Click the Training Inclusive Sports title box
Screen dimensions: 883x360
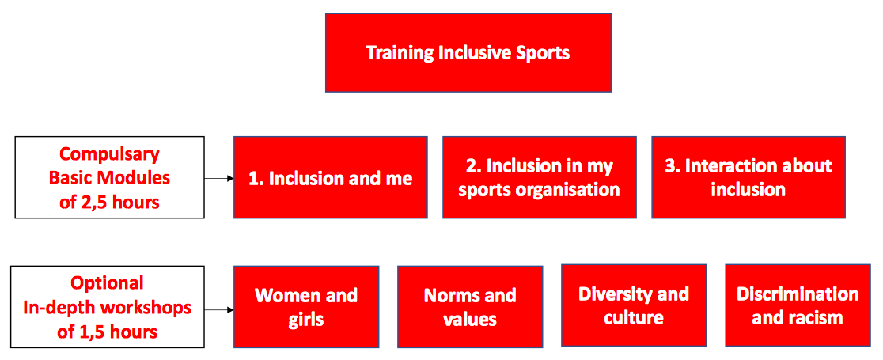coord(468,52)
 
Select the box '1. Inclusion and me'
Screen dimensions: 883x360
coord(331,177)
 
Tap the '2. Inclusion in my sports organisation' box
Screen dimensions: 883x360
coord(540,177)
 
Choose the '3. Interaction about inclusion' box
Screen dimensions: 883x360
coord(748,177)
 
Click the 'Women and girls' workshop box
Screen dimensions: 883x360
coord(306,306)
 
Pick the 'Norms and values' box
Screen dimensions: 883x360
coord(470,306)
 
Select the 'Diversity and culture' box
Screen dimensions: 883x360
coord(634,305)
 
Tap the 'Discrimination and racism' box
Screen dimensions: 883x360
coord(798,305)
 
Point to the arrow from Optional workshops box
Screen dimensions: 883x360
coord(218,310)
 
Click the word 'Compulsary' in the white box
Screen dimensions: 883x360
coord(109,153)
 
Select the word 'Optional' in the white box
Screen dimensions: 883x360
coord(108,282)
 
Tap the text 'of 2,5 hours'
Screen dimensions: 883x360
coord(109,202)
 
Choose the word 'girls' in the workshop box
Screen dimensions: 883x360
coord(306,320)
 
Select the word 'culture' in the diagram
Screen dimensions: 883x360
coord(634,318)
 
